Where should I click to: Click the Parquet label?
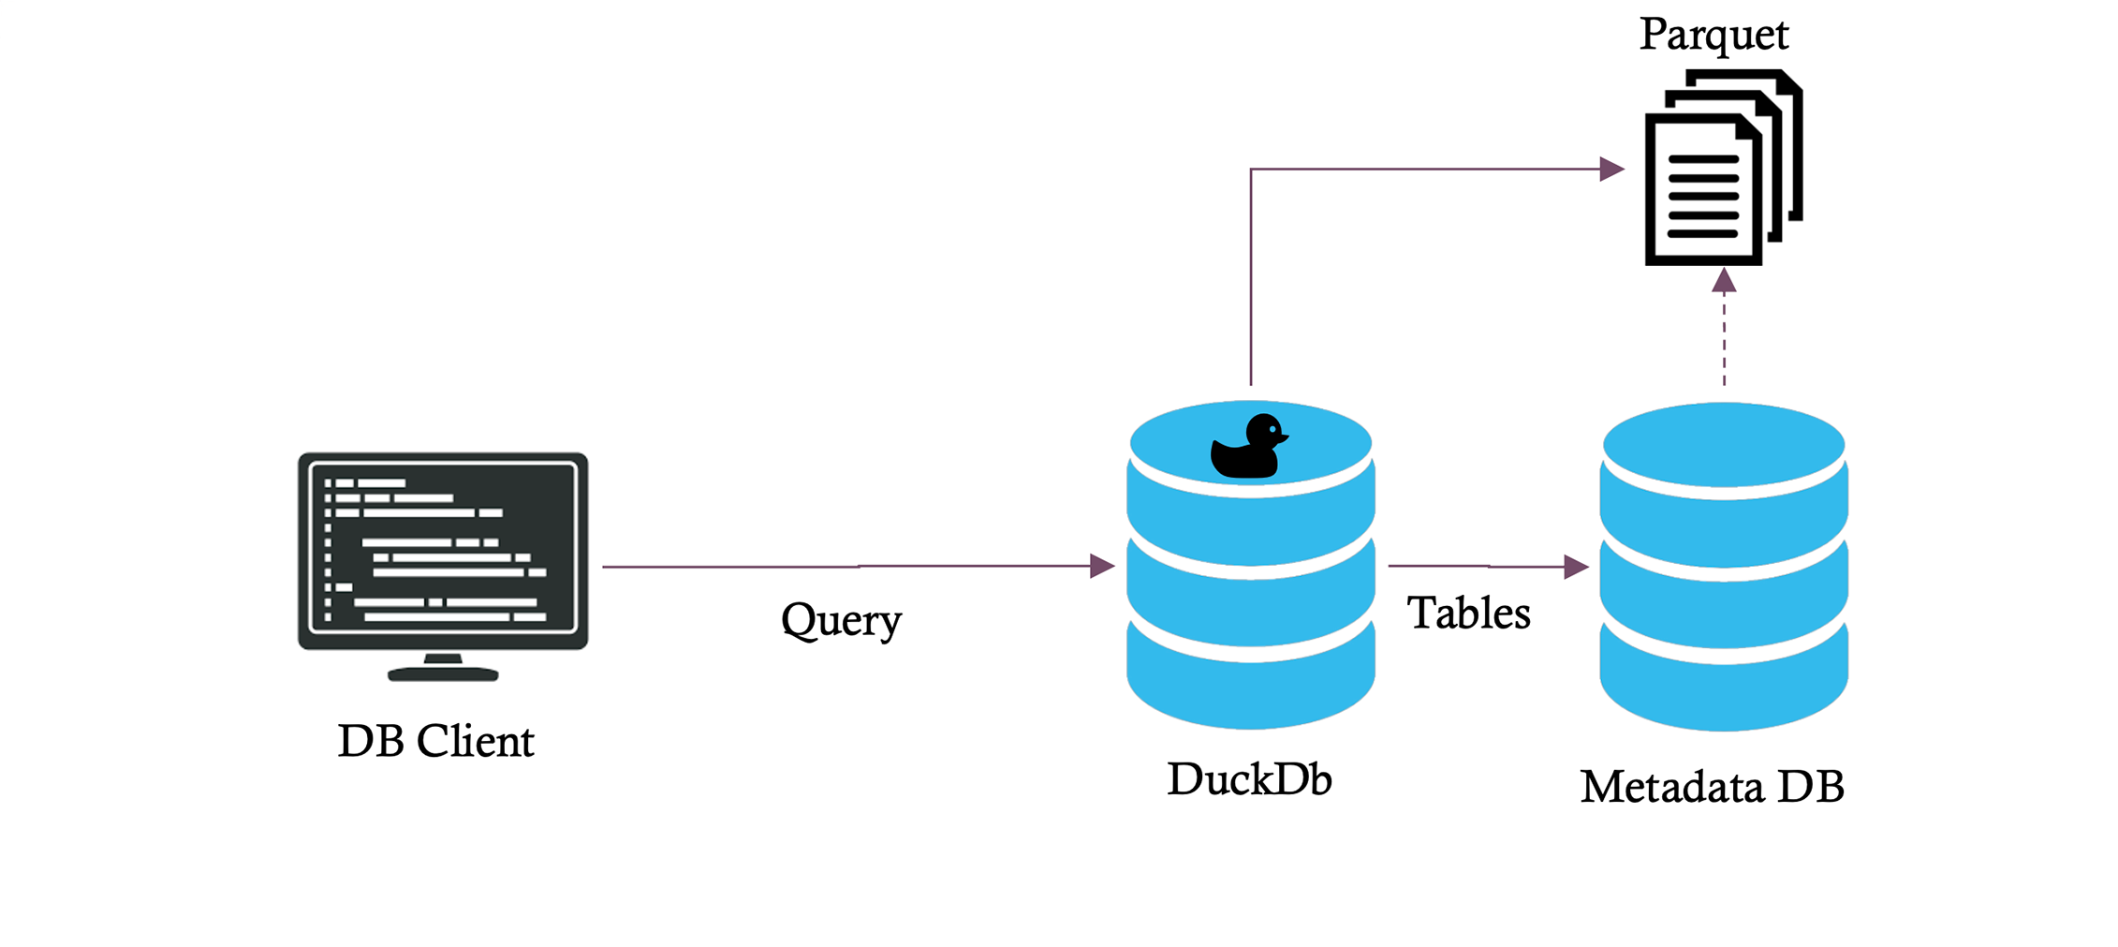[1714, 36]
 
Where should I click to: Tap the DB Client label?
[435, 742]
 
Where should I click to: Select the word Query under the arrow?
[841, 620]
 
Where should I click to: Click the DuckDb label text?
[1249, 779]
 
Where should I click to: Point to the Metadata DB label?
[1712, 787]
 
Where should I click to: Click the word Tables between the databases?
[1468, 614]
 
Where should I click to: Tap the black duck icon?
[1247, 450]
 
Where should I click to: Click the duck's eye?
[1273, 430]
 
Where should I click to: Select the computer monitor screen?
[442, 551]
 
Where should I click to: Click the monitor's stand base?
[443, 673]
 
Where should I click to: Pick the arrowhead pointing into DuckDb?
[1102, 566]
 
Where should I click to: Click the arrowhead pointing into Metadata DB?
[1576, 567]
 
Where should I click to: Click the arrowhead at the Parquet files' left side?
[1611, 169]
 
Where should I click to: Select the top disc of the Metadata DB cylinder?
[1723, 444]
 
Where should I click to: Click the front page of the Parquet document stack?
[1702, 192]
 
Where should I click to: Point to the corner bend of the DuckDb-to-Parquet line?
[1251, 170]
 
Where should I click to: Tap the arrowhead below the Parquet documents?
[1724, 281]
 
